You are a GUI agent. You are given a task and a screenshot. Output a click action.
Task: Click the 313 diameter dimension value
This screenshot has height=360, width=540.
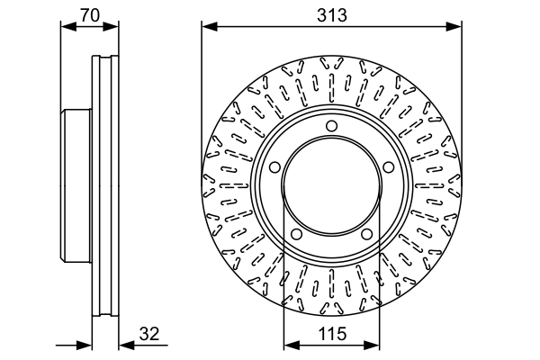[332, 14]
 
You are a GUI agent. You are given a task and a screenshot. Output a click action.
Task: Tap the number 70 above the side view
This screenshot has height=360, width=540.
[88, 14]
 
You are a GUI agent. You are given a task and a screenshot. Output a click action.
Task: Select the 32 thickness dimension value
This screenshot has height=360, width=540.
[149, 334]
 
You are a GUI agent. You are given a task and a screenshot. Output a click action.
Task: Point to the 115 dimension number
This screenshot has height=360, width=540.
[332, 334]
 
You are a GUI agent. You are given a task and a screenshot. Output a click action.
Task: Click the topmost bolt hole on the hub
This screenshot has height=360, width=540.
[332, 125]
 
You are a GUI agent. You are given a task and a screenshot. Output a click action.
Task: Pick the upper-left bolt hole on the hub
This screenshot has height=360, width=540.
[274, 167]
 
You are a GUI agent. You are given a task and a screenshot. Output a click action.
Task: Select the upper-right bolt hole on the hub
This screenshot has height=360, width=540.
[390, 167]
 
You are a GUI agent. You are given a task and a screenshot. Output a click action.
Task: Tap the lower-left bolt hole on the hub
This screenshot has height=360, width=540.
[296, 236]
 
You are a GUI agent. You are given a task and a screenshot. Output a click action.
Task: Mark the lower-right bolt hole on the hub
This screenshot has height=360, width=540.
[368, 236]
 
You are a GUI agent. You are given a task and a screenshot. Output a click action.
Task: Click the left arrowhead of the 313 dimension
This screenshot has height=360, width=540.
[207, 26]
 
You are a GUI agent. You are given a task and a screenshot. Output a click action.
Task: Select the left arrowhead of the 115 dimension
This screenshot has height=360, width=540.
[289, 344]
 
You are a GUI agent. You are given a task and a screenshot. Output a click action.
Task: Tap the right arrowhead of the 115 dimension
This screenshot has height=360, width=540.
[374, 344]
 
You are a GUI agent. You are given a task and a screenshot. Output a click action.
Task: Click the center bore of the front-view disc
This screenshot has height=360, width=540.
[332, 187]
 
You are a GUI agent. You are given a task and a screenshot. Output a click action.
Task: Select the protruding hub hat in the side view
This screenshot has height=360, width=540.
[76, 187]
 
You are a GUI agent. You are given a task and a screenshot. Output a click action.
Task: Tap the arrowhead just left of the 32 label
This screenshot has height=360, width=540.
[123, 344]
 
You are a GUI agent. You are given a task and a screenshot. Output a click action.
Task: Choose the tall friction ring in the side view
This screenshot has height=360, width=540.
[105, 187]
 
